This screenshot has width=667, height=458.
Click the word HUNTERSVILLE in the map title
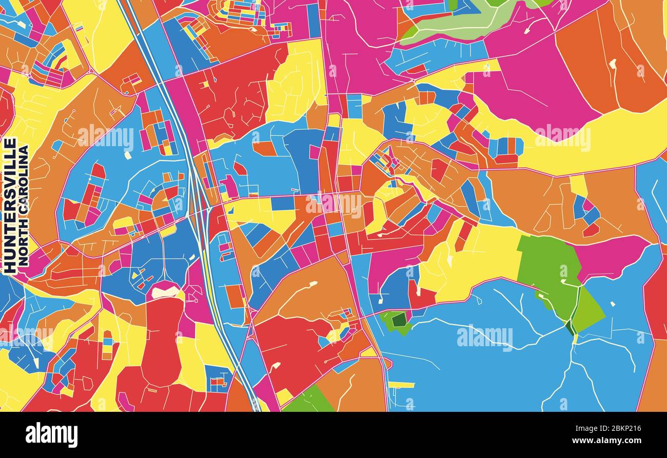tap(10, 205)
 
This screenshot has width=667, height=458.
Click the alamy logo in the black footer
tap(51, 434)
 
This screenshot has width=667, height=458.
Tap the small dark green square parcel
tap(399, 320)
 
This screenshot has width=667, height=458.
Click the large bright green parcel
tap(549, 272)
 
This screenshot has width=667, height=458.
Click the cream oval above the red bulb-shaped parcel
tap(165, 292)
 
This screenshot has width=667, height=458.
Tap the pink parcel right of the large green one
tap(611, 256)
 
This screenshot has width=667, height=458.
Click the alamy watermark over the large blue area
tap(484, 337)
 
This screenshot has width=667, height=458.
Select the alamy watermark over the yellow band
tap(562, 137)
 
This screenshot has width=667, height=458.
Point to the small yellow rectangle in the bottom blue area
tap(401, 385)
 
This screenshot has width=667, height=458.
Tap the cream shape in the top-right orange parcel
tap(612, 64)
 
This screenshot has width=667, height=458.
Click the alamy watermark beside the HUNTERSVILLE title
tap(105, 137)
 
